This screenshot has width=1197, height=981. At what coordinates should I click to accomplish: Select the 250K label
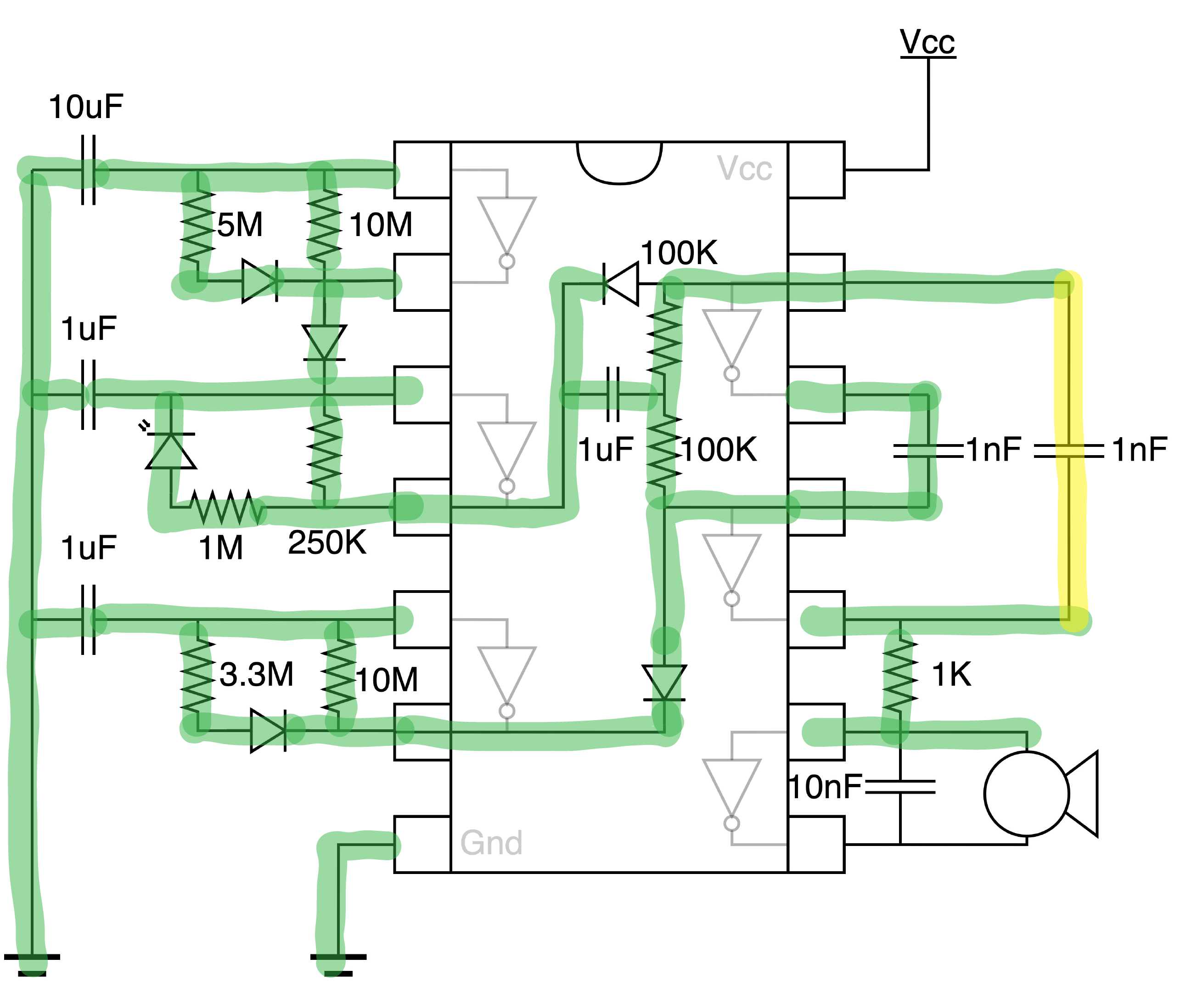pos(327,542)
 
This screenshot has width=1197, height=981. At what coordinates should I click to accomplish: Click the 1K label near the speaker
pos(951,674)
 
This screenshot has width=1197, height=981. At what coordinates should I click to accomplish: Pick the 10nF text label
pos(825,787)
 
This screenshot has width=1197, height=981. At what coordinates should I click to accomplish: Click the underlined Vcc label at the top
pos(927,42)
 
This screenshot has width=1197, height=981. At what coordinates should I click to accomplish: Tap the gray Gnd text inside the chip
pos(491,843)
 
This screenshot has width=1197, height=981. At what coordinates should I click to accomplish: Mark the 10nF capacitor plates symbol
pos(900,787)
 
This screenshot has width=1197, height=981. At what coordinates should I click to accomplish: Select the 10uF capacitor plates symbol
pos(89,169)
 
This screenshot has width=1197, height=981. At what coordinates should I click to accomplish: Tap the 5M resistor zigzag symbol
pos(198,226)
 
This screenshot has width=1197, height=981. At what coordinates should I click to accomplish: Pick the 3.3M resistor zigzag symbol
pos(198,675)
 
